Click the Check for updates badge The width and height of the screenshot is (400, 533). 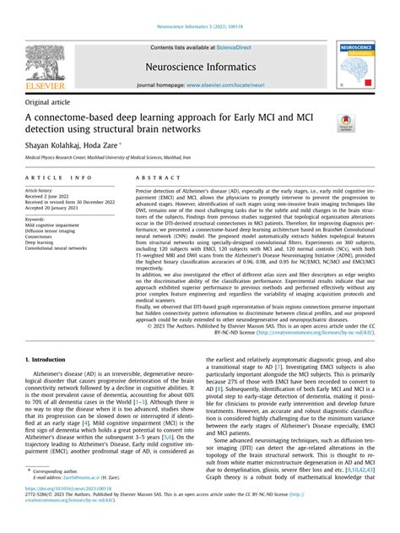click(344, 124)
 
